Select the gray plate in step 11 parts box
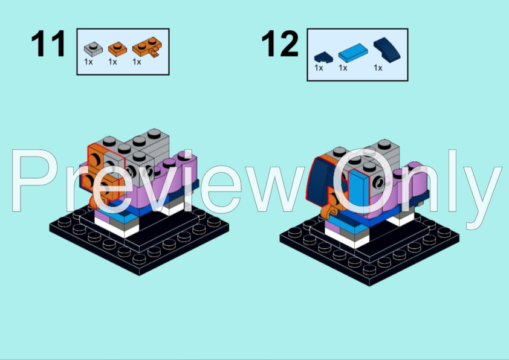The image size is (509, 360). coord(91,47)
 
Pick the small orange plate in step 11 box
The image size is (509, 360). coord(115,47)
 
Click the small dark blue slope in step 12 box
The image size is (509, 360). coord(323,57)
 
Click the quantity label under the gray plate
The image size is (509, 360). coord(88,62)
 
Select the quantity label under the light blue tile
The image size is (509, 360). coord(343,68)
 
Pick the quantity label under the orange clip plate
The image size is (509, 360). coord(137,62)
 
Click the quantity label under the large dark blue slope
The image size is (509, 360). coord(378,68)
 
